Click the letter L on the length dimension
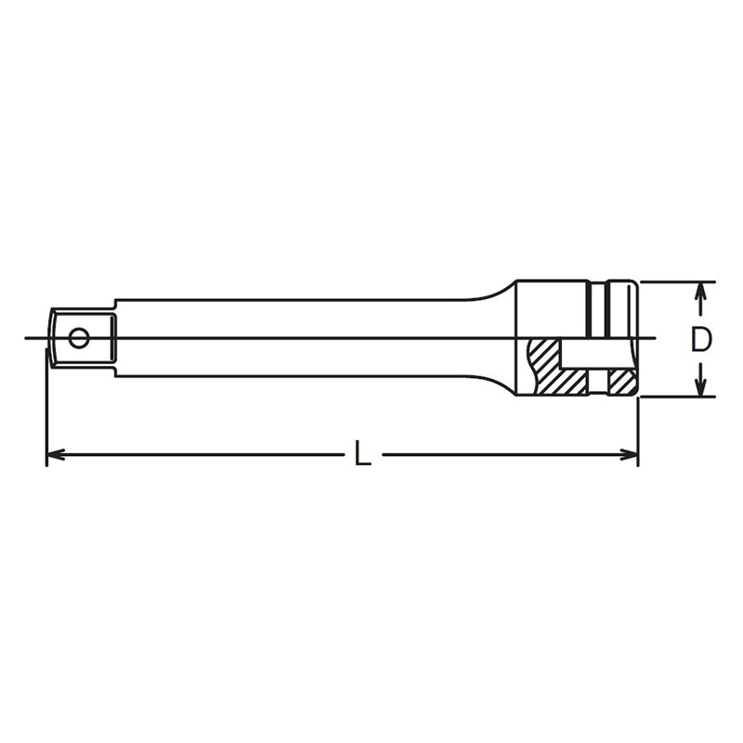(363, 454)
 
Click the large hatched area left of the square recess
(543, 367)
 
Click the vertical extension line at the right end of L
(639, 427)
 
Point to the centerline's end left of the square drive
(28, 338)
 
